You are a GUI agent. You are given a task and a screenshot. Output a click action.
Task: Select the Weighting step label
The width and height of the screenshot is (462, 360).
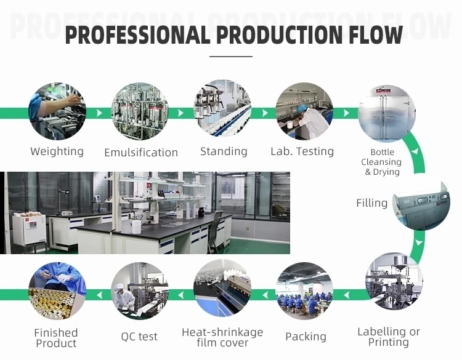57,151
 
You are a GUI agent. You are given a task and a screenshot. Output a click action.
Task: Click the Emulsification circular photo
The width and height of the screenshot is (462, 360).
140,112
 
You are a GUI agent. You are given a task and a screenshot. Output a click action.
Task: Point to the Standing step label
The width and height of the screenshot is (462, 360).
224,151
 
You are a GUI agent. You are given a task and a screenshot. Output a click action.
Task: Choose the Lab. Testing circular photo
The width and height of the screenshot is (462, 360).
304,112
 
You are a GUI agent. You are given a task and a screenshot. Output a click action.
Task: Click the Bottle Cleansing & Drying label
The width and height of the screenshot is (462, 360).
383,162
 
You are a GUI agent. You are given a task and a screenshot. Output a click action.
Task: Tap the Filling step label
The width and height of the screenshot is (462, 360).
372,203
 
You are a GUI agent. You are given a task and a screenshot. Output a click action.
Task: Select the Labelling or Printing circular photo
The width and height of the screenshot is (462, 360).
394,281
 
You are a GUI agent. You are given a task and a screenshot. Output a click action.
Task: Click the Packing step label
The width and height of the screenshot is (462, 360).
306,337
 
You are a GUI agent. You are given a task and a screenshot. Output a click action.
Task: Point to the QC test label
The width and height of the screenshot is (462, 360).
139,337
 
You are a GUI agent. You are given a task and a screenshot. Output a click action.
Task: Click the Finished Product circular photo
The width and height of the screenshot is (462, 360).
57,290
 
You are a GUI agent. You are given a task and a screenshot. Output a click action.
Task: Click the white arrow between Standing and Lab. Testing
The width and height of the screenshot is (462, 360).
264,113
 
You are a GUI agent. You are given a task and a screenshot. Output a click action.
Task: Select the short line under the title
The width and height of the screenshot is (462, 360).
231,57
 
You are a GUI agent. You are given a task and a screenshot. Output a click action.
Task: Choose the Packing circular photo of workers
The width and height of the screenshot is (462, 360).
304,290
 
